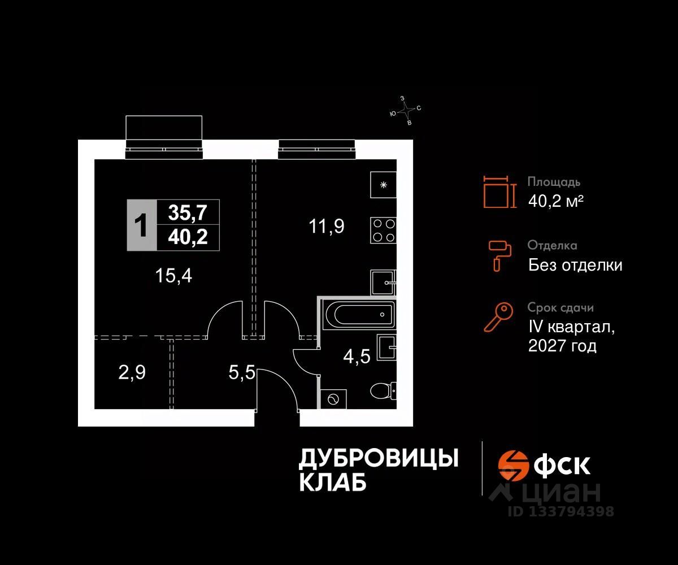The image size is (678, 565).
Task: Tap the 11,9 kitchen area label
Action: point(327,226)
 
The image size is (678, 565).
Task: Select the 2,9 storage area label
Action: point(132,373)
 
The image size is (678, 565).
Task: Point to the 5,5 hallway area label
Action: point(242,373)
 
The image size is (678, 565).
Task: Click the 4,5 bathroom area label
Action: point(357,357)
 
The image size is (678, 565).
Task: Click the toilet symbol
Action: point(384,390)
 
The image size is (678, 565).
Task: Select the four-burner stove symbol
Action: point(384,230)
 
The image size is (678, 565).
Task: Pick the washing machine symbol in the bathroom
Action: point(332,399)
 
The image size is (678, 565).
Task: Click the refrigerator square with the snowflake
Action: point(384,184)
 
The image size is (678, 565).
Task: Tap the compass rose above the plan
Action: point(406,110)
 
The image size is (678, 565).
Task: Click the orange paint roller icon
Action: point(500,254)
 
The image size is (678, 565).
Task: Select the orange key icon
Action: point(498,317)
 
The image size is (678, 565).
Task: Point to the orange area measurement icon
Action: point(500,192)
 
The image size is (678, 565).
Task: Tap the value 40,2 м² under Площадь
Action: point(555,201)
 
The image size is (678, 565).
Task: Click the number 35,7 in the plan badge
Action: point(188,213)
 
